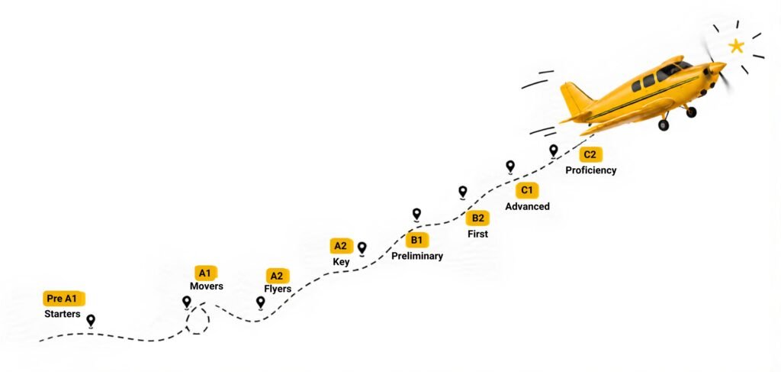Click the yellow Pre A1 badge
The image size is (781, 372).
pyautogui.click(x=64, y=299)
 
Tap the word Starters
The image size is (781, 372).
pyautogui.click(x=63, y=314)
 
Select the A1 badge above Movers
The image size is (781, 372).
pyautogui.click(x=205, y=273)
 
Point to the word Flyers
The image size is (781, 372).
pyautogui.click(x=278, y=290)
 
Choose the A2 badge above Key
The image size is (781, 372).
pyautogui.click(x=341, y=246)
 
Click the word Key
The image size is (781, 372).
pyautogui.click(x=341, y=262)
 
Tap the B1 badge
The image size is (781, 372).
pyautogui.click(x=417, y=241)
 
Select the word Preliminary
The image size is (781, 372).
pyautogui.click(x=417, y=257)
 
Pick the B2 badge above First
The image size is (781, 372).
pyautogui.click(x=477, y=218)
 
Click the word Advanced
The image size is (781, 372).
pyautogui.click(x=528, y=206)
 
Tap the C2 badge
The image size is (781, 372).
pyautogui.click(x=590, y=154)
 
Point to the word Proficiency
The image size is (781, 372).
pyautogui.click(x=591, y=170)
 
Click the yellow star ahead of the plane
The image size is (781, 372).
pyautogui.click(x=736, y=47)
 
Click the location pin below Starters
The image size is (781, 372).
pyautogui.click(x=91, y=321)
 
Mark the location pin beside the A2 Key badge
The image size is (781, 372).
pyautogui.click(x=362, y=248)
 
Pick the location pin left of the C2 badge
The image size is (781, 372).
pyautogui.click(x=554, y=150)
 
